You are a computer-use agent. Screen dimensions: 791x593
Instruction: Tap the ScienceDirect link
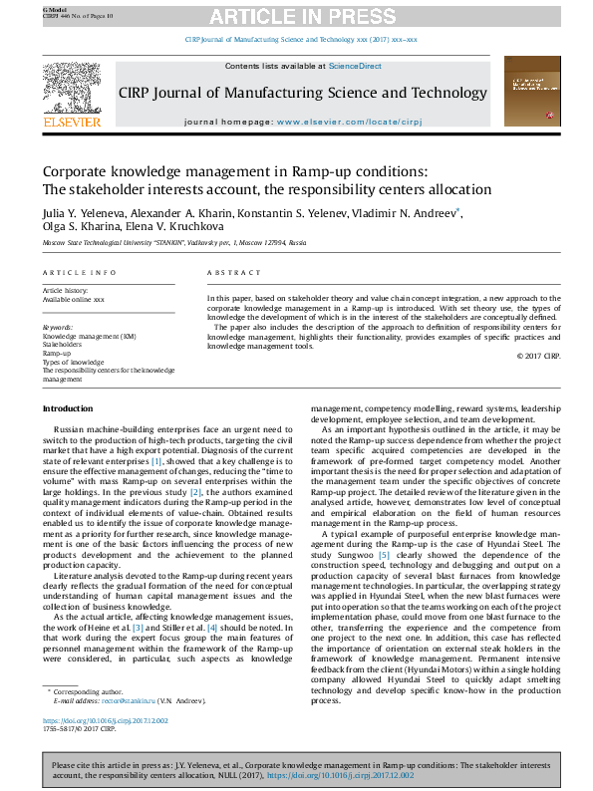click(x=356, y=66)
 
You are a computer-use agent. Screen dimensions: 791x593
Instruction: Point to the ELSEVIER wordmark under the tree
click(x=72, y=123)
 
